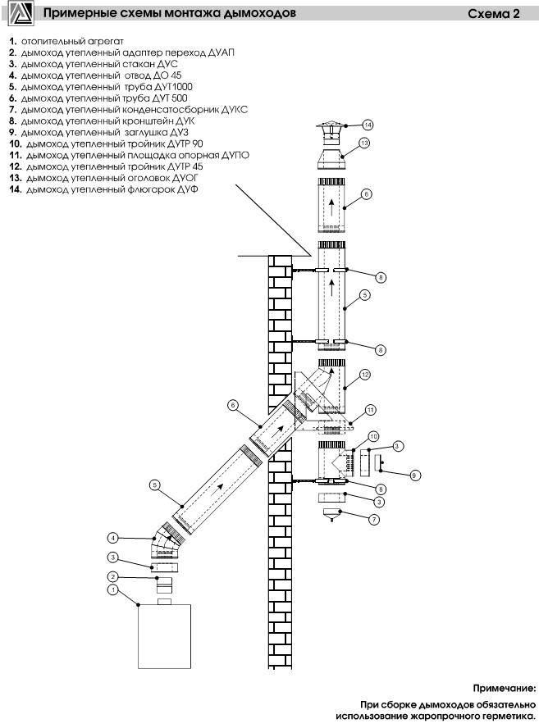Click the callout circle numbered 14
(368, 125)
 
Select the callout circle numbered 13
(364, 143)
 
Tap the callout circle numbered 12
(365, 374)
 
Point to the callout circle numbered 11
(370, 410)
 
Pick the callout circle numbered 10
(373, 436)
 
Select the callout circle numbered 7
(374, 520)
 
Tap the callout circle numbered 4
(112, 538)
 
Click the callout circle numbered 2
(112, 576)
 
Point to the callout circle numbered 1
(112, 589)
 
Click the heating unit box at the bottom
(164, 636)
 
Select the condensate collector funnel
(331, 515)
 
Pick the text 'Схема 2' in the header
(493, 14)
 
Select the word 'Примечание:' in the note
(505, 688)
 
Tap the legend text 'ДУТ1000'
(172, 87)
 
